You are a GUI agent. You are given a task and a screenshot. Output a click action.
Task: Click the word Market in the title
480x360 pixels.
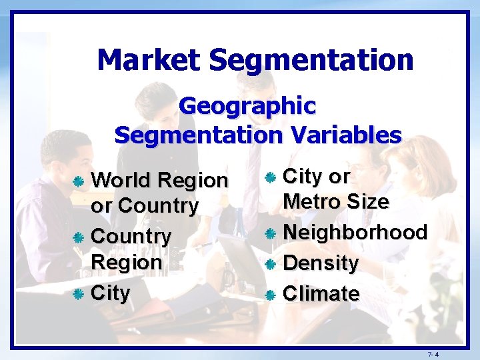coord(149,60)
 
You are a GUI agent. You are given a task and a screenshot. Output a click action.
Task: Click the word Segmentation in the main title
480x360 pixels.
coord(311,60)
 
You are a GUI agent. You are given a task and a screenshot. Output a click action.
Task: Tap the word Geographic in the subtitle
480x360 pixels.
coord(247,105)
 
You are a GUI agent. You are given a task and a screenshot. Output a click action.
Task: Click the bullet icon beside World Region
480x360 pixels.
coord(78,181)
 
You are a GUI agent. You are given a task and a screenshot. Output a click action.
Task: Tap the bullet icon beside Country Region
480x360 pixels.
coord(78,237)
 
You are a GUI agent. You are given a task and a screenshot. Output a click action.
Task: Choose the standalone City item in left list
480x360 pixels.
coord(110,293)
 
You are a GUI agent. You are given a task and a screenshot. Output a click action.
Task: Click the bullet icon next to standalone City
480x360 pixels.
coord(78,293)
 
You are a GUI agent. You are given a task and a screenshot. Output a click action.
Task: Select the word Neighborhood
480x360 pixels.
coord(355,233)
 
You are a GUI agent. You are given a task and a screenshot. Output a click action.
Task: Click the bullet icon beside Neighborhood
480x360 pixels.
coord(270,234)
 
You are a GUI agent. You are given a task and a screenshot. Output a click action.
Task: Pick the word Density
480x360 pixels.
coord(321,263)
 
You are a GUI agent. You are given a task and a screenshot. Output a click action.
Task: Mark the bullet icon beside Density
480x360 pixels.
coord(270,264)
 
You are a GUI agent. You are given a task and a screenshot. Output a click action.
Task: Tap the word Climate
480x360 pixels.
coord(321,293)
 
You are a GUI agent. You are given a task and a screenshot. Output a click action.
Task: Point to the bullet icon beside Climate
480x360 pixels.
coord(270,294)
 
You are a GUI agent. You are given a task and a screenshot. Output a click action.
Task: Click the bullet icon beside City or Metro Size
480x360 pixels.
coord(270,177)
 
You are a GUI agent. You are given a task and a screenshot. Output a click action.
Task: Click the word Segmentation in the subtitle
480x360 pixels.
coord(189,135)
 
